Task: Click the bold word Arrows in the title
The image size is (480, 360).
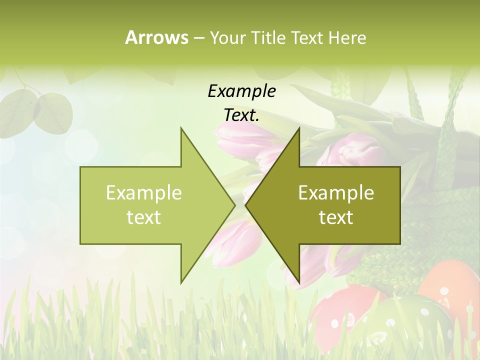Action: (156, 37)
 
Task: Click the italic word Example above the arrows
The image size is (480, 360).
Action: (241, 91)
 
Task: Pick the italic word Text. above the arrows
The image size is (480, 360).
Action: (241, 115)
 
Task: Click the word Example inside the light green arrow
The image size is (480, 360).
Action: (143, 193)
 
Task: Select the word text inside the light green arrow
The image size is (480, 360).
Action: (143, 217)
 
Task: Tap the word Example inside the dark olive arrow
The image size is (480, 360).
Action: (336, 193)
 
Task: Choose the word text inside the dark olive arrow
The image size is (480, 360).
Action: (336, 217)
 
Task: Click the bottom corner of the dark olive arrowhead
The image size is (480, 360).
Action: (299, 282)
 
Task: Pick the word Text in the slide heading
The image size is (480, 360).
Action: (307, 37)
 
